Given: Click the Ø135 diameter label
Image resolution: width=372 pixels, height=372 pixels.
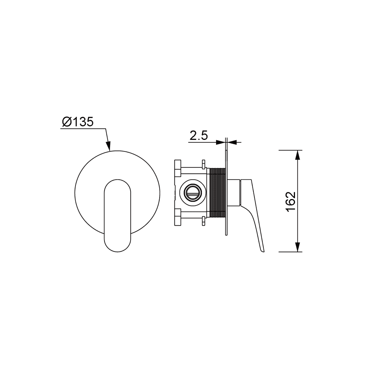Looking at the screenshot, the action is [78, 122].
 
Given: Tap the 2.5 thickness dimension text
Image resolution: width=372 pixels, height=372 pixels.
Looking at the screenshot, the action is [199, 136].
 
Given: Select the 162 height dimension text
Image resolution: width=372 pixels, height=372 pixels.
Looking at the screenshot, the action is [291, 202].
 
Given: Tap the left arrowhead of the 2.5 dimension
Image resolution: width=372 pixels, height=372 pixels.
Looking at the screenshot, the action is [220, 142].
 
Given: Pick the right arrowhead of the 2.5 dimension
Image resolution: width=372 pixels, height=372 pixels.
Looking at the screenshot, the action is [232, 142].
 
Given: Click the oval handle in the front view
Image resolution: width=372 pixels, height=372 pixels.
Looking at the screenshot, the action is [118, 215].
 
